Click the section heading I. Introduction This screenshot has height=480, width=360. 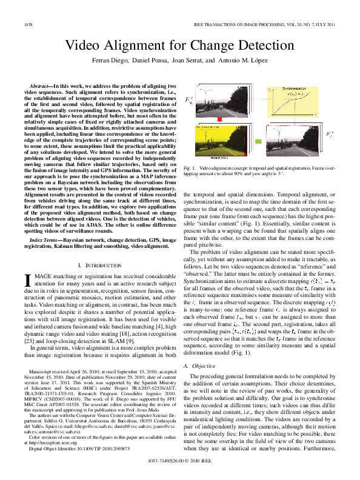(97, 265)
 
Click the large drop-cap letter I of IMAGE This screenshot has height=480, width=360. (27, 279)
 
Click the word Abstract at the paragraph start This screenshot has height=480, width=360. (40, 87)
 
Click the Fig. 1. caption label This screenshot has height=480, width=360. (188, 167)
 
